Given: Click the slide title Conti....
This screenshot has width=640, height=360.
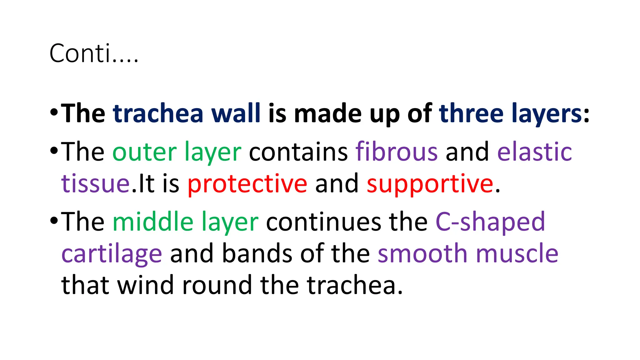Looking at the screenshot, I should (93, 53).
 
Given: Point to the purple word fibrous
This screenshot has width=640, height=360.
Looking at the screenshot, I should (397, 152).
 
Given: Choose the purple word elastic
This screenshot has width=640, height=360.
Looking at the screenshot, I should (534, 152).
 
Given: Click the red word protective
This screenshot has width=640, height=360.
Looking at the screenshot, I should (247, 184).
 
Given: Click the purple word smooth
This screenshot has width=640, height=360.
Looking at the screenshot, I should (423, 253).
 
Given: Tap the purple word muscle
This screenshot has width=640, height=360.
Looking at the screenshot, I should (517, 253).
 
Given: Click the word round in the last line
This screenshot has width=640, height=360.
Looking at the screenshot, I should (217, 285).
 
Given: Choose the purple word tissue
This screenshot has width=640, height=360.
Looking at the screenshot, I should (96, 184).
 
